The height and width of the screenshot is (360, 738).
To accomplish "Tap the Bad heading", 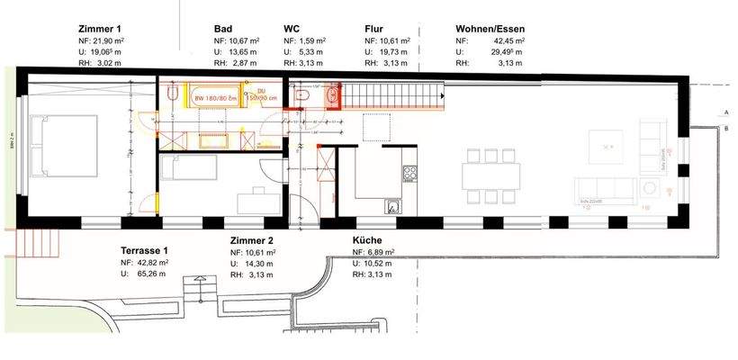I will pyautogui.click(x=223, y=30).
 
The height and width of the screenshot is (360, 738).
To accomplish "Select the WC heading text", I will pyautogui.click(x=292, y=30).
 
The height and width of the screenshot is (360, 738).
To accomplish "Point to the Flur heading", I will pyautogui.click(x=374, y=30).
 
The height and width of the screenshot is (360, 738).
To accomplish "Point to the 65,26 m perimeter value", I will pyautogui.click(x=149, y=273).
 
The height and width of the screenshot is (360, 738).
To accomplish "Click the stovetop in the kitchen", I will pyautogui.click(x=410, y=171).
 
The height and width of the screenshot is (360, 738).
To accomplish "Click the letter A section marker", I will pyautogui.click(x=725, y=112).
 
